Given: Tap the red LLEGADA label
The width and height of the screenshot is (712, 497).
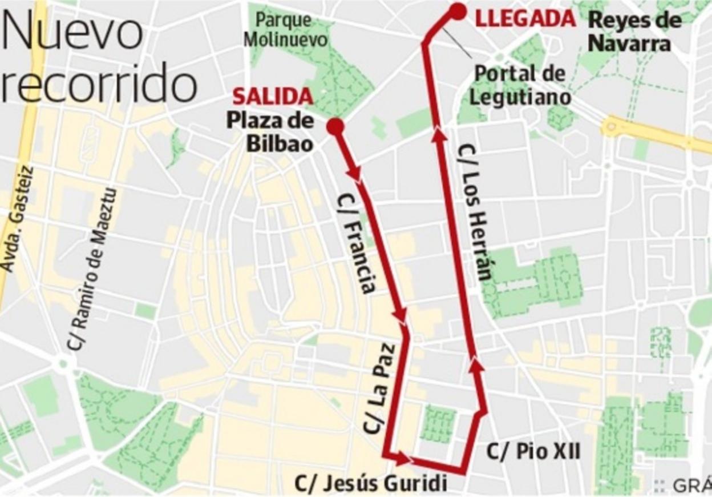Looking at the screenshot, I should pos(525,19).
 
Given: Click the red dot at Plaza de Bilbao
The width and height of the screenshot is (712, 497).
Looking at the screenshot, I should pos(335,126).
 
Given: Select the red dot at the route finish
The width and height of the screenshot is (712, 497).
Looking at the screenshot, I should pos(458,11).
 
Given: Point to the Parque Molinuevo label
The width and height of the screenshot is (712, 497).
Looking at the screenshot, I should pos(292,30).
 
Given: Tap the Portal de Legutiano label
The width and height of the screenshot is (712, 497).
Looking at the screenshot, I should pos(519,85).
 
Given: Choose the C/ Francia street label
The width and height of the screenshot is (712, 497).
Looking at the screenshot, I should pos(357,243).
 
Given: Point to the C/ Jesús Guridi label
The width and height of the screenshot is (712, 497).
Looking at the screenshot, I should pos(370,483).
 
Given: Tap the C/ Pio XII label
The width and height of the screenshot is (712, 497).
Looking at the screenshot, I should pos(533,452).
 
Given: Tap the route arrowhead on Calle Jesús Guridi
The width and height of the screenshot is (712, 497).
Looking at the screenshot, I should pos(403,458).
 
